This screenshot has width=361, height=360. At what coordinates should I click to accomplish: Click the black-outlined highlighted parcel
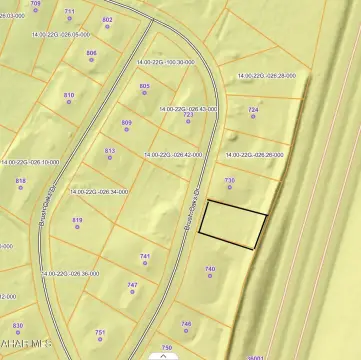pos(233,224)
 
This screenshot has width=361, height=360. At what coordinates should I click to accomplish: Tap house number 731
pos(229,180)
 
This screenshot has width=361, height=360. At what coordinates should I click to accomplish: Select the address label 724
pos(253,109)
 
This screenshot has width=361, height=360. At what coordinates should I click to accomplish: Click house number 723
pos(188,115)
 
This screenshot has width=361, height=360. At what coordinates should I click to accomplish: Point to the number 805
pos(144,86)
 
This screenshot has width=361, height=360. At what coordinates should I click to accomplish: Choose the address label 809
pos(127,123)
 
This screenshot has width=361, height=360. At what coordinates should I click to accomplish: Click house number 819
pos(77,220)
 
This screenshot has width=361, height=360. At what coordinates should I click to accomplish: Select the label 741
pos(145,256)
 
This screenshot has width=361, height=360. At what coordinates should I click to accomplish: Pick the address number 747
pos(132,285)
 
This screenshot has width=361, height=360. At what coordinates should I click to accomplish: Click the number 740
pos(210,269)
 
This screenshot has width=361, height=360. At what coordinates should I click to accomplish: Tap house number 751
pos(100,332)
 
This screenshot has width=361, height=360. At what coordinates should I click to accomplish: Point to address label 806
pos(92,53)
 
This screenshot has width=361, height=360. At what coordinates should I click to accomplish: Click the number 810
pos(69,95)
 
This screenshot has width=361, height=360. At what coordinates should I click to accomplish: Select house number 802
pos(108,20)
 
